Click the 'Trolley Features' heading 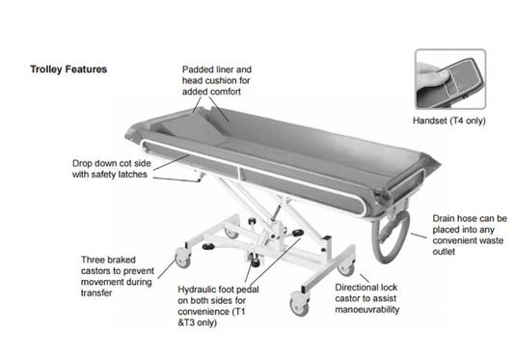pyautogui.click(x=68, y=69)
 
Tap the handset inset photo pyautogui.click(x=450, y=79)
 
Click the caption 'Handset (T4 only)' pyautogui.click(x=448, y=121)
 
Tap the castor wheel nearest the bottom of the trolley pyautogui.click(x=299, y=306)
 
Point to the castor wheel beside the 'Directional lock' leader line pyautogui.click(x=346, y=268)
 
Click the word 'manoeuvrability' pyautogui.click(x=366, y=310)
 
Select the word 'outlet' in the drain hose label pyautogui.click(x=444, y=252)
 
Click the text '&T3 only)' pyautogui.click(x=198, y=322)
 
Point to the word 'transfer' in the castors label pyautogui.click(x=96, y=293)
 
